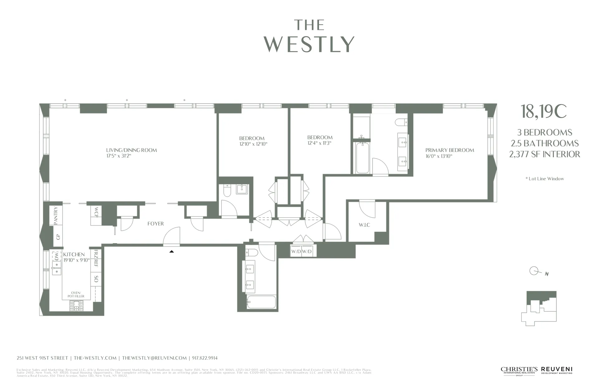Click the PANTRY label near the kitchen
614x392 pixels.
point(56,215)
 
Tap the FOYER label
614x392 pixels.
point(155,224)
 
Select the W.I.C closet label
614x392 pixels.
point(364,225)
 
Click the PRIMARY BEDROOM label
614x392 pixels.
point(450,150)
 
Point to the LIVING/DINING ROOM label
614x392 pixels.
point(131,150)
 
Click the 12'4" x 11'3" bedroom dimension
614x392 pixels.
point(320,143)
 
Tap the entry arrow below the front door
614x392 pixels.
point(171,251)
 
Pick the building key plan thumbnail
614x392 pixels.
point(539,308)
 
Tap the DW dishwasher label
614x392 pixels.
point(57,257)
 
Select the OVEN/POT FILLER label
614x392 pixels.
point(76,295)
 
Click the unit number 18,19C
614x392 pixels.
point(544,112)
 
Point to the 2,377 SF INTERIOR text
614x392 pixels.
point(545,154)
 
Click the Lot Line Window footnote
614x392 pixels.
point(545,179)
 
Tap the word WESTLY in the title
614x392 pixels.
point(309,45)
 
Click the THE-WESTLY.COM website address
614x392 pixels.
point(95,358)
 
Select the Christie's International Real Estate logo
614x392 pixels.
point(519,371)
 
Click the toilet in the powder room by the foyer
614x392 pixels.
point(227,191)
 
